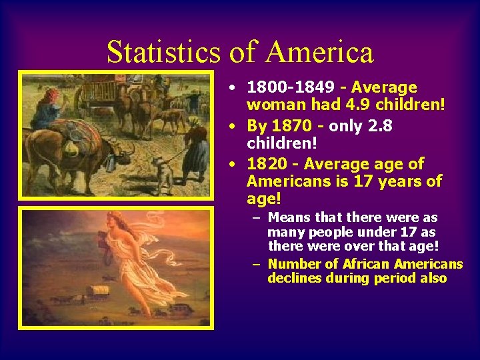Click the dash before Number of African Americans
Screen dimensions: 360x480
pyautogui.click(x=256, y=264)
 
